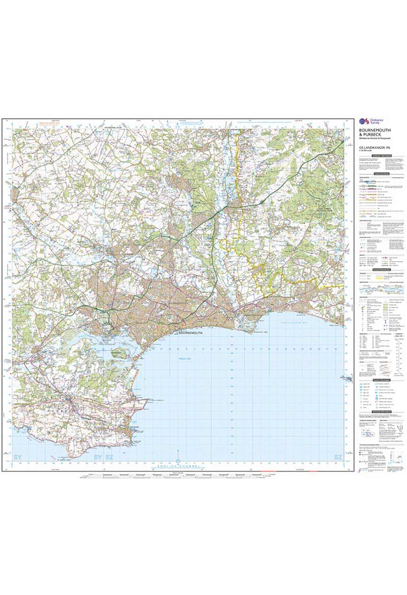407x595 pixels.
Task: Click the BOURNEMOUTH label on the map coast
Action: [x=191, y=333]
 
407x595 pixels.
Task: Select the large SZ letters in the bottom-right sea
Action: [x=338, y=457]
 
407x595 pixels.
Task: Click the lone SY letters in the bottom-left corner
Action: [x=17, y=457]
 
